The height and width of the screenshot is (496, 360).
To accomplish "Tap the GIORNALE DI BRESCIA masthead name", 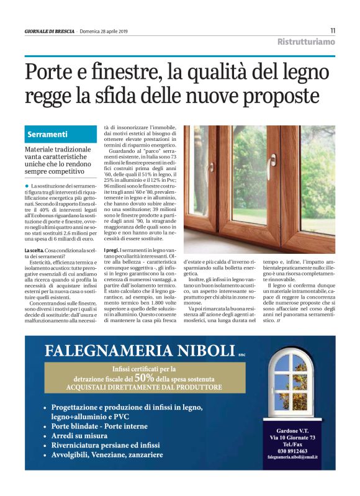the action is pyautogui.click(x=50, y=31).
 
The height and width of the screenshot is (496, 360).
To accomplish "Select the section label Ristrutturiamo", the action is pyautogui.click(x=306, y=42).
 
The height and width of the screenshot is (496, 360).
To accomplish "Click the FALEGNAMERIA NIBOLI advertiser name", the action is pyautogui.click(x=139, y=351).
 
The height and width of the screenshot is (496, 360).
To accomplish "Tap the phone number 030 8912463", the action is pyautogui.click(x=292, y=451).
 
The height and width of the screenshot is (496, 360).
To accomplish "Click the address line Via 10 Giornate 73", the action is pyautogui.click(x=292, y=438).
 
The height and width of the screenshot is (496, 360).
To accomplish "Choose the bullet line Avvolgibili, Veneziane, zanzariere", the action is pyautogui.click(x=107, y=454).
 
